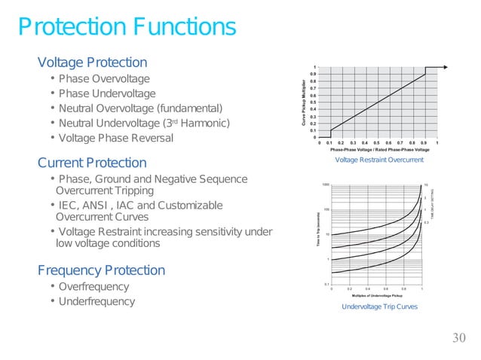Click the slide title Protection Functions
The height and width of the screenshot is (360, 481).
tap(127, 28)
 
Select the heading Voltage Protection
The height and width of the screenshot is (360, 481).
tap(92, 62)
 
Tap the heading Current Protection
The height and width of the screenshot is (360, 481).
tap(92, 163)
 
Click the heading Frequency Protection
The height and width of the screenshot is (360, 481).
tap(101, 270)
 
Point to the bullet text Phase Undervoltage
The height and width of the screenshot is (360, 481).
tap(107, 94)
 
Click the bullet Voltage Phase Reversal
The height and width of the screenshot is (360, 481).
tap(115, 139)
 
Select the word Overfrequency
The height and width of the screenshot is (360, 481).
tap(93, 287)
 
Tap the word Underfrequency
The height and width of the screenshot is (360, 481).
tap(97, 302)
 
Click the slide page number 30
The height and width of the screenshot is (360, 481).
tap(459, 337)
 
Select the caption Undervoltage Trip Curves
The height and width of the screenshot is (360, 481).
tap(378, 307)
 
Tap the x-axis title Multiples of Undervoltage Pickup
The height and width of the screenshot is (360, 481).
tap(378, 295)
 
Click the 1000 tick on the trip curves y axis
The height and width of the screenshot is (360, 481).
tap(326, 185)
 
